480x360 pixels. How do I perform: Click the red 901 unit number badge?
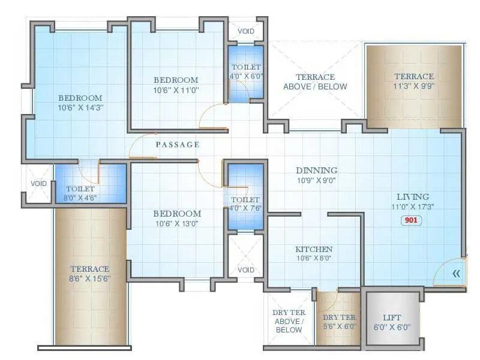point(412,220)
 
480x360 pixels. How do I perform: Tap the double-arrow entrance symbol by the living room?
point(456,273)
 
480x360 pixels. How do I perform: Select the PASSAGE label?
point(177,145)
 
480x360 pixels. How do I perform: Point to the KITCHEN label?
point(314,249)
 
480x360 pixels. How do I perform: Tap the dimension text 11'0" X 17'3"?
point(412,206)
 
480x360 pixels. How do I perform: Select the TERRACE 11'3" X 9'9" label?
point(413,81)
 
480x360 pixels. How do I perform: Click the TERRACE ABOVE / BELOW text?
point(315,82)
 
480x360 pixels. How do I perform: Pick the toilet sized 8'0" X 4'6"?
point(81,193)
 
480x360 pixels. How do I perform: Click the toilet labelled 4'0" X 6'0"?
point(246,72)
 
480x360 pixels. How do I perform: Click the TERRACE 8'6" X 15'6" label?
point(89,274)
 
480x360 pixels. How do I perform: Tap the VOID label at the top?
point(245,31)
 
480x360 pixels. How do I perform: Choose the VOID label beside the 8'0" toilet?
point(39,184)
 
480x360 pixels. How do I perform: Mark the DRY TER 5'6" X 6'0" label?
point(339,322)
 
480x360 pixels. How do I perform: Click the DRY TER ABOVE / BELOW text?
point(289,321)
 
